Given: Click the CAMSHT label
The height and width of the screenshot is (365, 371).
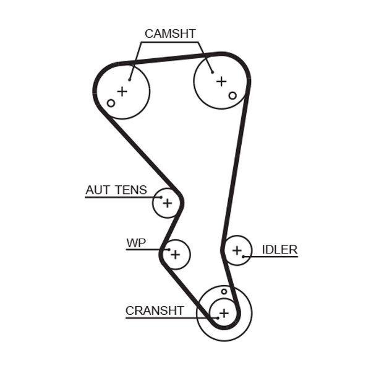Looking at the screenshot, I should [170, 33].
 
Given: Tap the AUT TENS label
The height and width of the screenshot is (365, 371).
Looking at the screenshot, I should [116, 190].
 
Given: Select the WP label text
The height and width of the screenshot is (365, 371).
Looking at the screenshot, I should [136, 243].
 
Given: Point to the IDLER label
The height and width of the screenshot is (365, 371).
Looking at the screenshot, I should [279, 250].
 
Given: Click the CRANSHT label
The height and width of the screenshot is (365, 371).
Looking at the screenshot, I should [155, 310].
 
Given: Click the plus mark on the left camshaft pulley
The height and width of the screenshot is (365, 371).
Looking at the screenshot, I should [122, 92].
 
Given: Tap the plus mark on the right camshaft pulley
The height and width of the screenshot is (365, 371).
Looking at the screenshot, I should [221, 81].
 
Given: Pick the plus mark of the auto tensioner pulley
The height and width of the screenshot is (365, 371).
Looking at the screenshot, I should [167, 203].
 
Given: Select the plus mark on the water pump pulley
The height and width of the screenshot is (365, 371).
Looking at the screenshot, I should [176, 253].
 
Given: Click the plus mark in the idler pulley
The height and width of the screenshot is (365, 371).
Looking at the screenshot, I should [236, 250].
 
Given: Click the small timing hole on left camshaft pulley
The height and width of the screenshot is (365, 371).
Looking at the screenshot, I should [111, 103].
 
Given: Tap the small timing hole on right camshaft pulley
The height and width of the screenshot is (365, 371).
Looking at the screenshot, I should [232, 95].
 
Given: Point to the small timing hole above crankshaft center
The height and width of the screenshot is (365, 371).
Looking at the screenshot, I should [224, 291].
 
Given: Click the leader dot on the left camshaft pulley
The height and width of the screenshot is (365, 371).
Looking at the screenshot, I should [130, 79].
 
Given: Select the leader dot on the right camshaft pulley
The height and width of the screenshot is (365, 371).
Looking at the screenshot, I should [212, 71].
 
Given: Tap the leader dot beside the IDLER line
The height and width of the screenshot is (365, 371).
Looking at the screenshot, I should [245, 256].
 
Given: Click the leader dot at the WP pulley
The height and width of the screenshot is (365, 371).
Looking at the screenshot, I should [167, 249].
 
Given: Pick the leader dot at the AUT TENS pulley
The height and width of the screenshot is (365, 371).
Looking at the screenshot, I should [160, 198].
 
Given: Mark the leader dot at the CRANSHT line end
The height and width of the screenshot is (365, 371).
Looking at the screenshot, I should [210, 317].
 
